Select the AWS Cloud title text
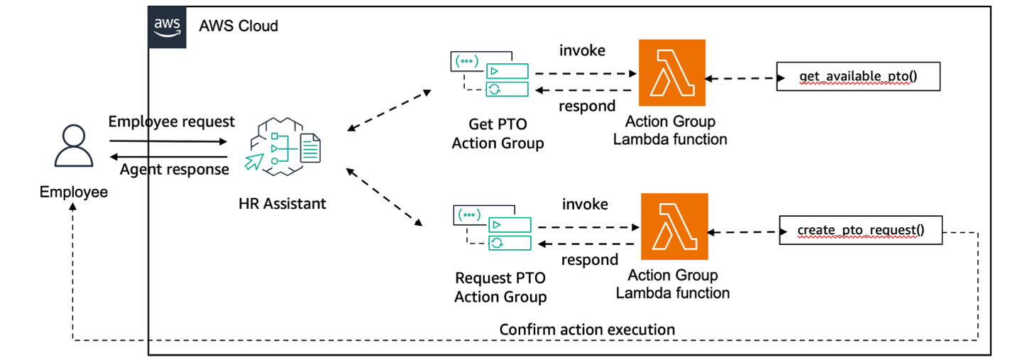pos(238,26)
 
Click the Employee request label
pos(171,122)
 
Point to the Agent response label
pos(174,169)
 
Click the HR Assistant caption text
pos(282,204)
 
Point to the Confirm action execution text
pos(587,329)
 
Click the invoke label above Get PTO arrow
pos(582,51)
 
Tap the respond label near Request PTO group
pos(589,260)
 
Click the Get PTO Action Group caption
pos(498,134)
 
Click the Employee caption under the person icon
pos(74,192)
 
